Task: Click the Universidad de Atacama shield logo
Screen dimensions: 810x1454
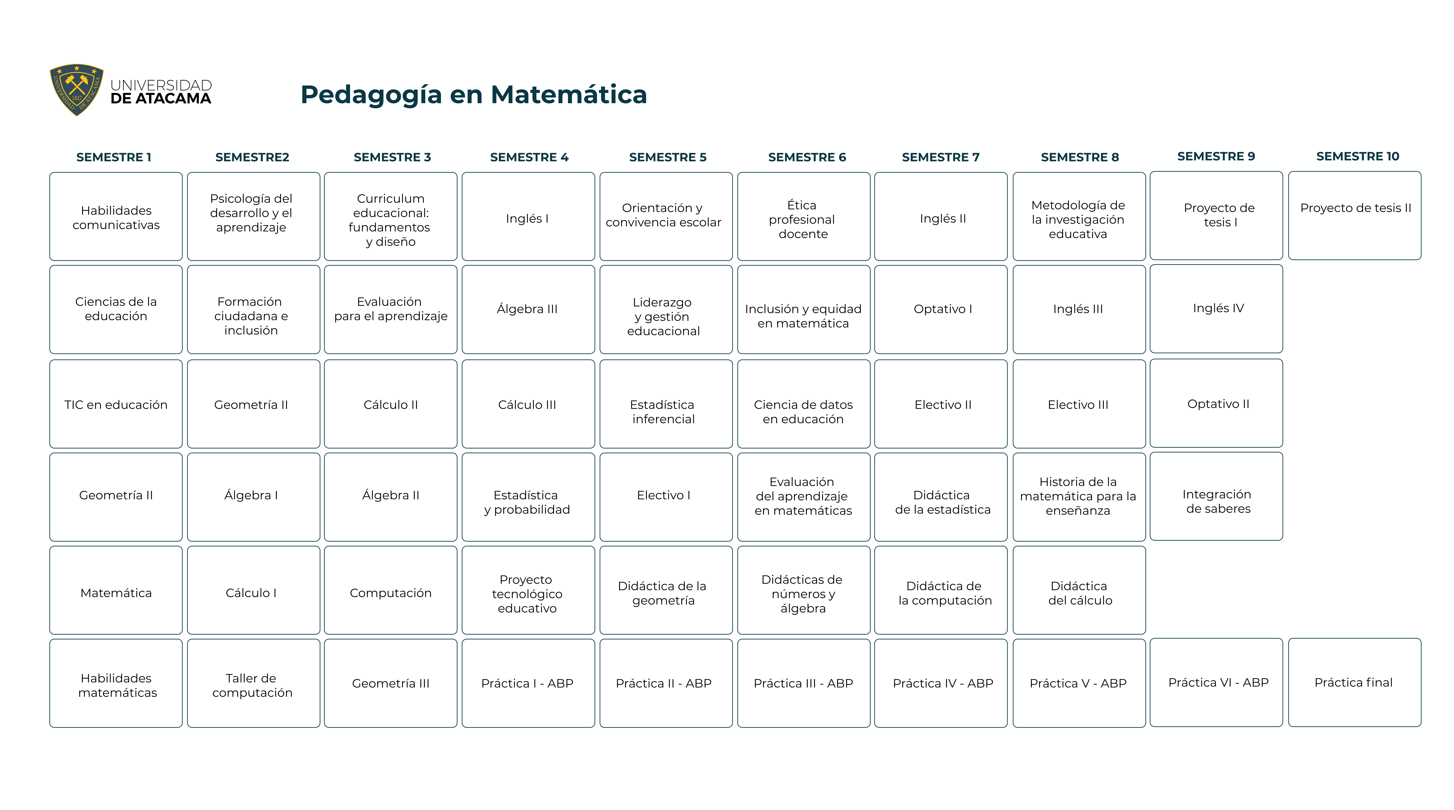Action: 77,90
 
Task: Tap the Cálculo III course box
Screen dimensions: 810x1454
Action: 528,404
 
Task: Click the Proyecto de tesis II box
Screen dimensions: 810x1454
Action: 1355,216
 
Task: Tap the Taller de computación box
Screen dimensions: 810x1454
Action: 253,684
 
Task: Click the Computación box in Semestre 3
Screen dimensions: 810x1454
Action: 391,591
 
